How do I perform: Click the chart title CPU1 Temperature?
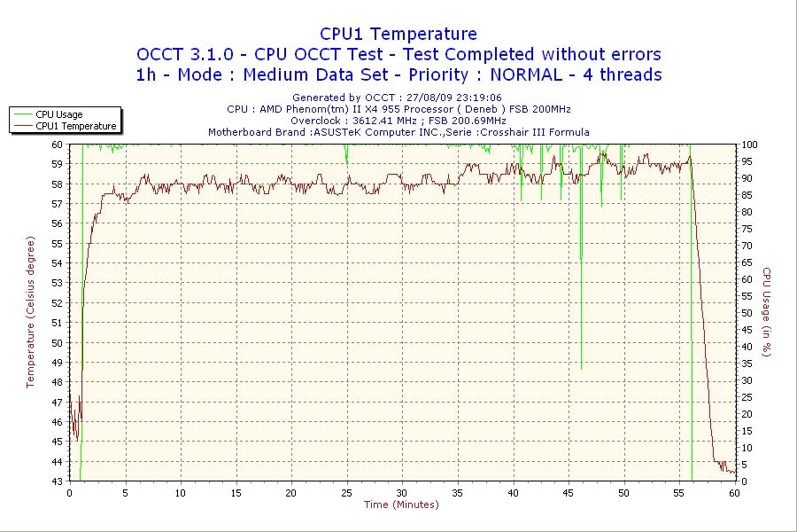(398, 34)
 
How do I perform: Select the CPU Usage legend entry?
(58, 114)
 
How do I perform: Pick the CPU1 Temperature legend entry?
(76, 126)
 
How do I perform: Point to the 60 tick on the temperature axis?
(57, 144)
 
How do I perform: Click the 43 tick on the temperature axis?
(57, 481)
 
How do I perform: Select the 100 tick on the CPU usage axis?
(749, 144)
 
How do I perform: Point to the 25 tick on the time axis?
(346, 493)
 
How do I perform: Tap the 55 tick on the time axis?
(679, 493)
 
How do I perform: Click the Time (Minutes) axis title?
(401, 505)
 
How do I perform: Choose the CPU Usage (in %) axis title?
(767, 312)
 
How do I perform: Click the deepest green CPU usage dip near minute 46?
(582, 368)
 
